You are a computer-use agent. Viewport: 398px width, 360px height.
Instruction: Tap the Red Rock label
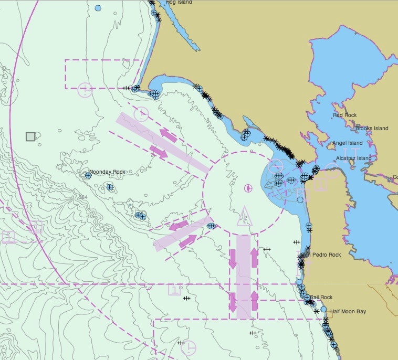click(x=345, y=115)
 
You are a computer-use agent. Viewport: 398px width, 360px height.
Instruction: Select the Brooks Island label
click(x=372, y=128)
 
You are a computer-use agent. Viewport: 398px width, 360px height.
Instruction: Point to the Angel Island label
click(x=347, y=143)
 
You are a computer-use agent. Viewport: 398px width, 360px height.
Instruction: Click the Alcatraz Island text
click(x=353, y=158)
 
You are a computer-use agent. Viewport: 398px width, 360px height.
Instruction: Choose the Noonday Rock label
click(x=107, y=172)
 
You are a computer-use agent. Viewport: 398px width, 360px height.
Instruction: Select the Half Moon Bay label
click(x=348, y=311)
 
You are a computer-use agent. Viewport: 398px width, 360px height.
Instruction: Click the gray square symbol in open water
click(x=30, y=136)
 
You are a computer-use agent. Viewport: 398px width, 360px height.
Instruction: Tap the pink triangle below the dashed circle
click(x=244, y=216)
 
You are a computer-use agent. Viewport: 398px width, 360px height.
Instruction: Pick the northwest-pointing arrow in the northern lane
click(x=168, y=135)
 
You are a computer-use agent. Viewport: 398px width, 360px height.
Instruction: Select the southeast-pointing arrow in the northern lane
click(x=159, y=152)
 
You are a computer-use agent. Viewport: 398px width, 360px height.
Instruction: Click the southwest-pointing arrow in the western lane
click(x=179, y=226)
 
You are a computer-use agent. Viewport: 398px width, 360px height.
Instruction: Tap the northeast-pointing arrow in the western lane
click(x=187, y=241)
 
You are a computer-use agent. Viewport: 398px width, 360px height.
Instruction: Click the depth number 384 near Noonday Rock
click(x=82, y=197)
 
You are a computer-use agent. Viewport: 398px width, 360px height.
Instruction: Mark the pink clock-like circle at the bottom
click(x=188, y=347)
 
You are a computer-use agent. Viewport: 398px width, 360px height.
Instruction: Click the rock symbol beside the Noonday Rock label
click(x=88, y=175)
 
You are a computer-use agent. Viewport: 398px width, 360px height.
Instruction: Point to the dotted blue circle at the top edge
click(x=98, y=8)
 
